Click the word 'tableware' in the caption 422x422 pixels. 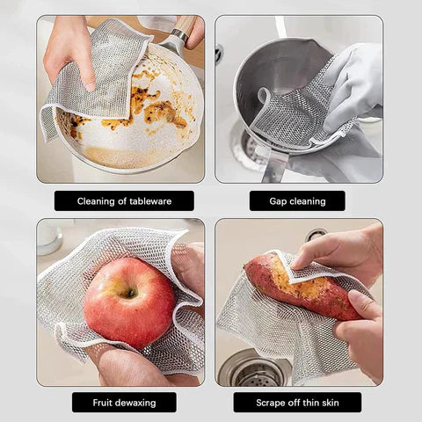[x=150, y=201]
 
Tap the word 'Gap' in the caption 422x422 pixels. [x=278, y=201]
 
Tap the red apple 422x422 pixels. [x=129, y=302]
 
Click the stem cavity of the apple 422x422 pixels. [x=131, y=293]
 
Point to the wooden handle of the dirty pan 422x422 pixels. [x=186, y=25]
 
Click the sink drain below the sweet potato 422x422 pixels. [x=253, y=370]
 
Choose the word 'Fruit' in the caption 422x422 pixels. [x=103, y=403]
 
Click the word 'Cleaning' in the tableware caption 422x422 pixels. [x=96, y=201]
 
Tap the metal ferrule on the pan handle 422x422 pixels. [x=179, y=34]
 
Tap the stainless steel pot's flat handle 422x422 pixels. [x=275, y=167]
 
